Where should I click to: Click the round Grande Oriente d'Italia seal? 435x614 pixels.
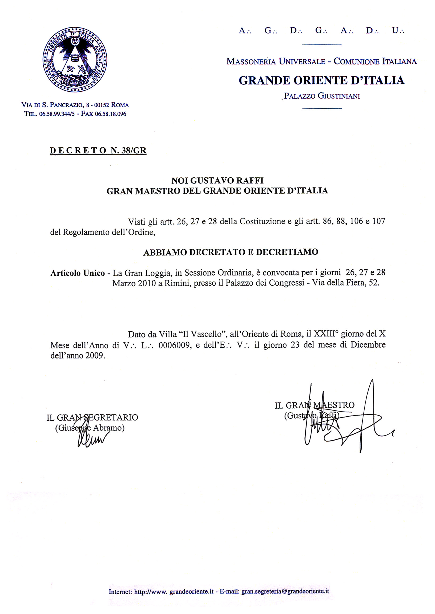[x=75, y=59]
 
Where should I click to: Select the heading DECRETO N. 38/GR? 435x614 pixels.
[x=98, y=151]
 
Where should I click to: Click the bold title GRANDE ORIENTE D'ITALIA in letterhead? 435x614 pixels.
[x=321, y=80]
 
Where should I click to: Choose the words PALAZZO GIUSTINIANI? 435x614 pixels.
[x=322, y=96]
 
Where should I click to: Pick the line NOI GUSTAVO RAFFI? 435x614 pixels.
[x=217, y=180]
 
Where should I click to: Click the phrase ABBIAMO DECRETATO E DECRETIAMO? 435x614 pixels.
[x=231, y=252]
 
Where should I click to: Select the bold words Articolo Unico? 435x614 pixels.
[x=78, y=273]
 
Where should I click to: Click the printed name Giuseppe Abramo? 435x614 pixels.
[x=90, y=428]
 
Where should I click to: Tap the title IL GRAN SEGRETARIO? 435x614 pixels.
[x=92, y=417]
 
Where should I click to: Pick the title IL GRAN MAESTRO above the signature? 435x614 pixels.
[x=315, y=405]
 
